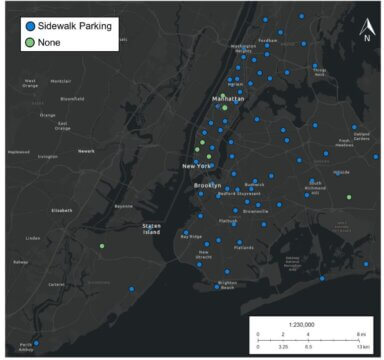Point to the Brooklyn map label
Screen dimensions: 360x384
coord(206,186)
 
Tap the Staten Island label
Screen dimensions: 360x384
coord(151,230)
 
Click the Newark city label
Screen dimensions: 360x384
coord(86,151)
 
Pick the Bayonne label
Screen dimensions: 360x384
coord(124,206)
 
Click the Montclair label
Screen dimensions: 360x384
coord(60,81)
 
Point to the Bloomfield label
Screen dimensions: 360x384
coord(72,98)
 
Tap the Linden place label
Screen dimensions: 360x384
coord(33,238)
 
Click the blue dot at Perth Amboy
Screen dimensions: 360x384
coord(37,343)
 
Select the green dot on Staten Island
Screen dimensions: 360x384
coord(102,245)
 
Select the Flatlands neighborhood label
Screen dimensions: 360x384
coord(244,247)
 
